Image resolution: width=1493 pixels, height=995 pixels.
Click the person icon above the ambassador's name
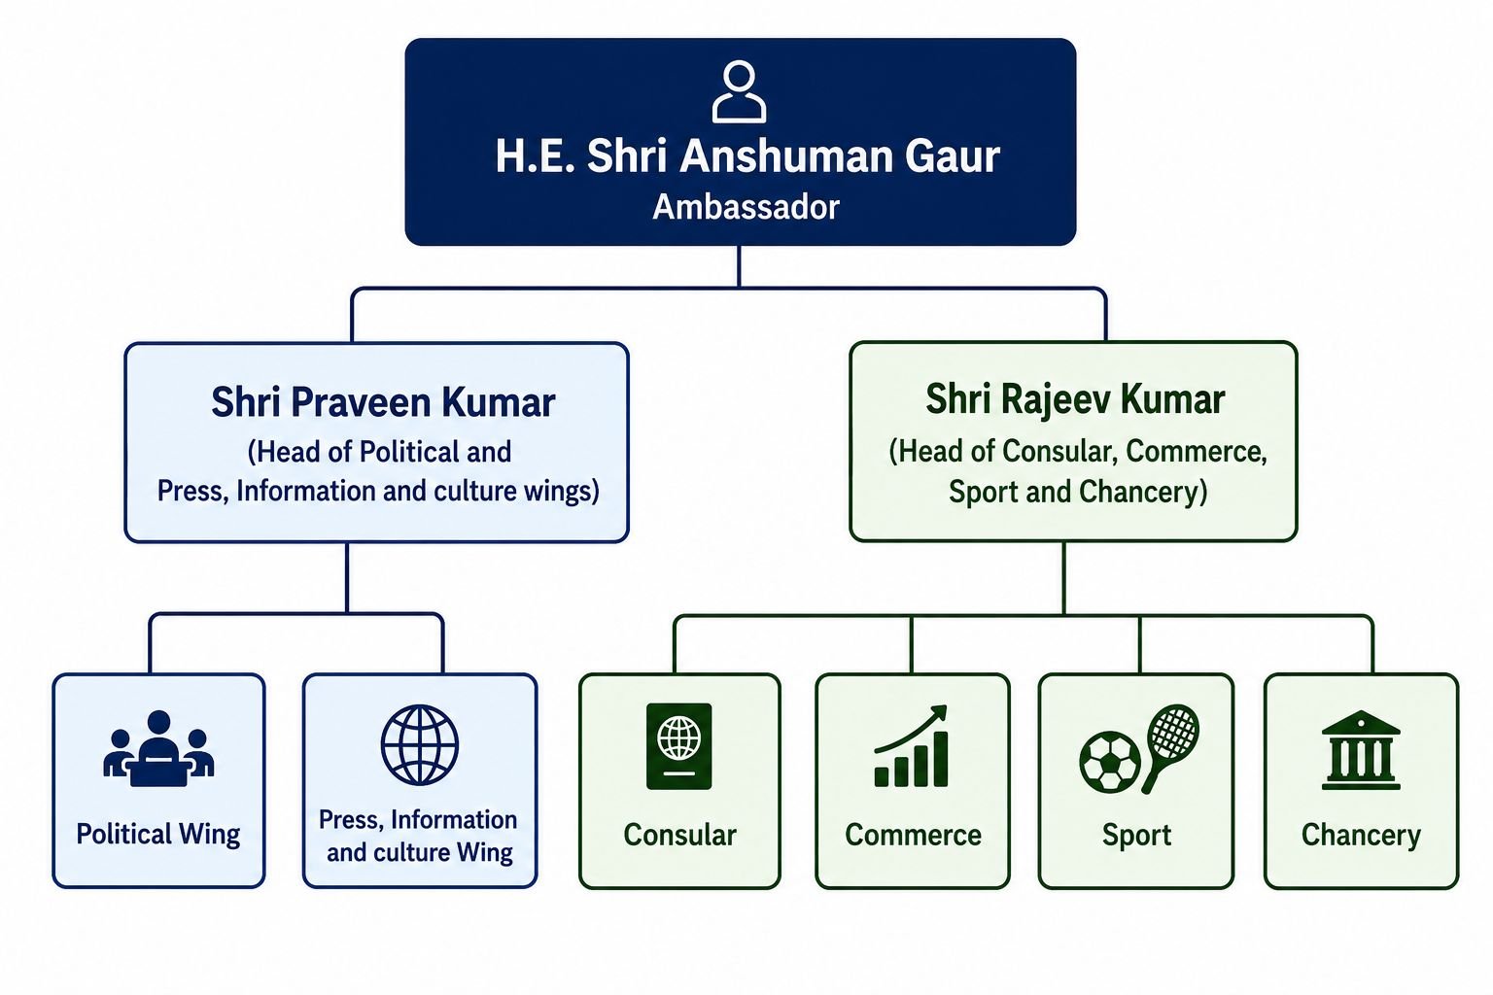point(739,92)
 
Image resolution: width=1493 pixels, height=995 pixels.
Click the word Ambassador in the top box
point(746,207)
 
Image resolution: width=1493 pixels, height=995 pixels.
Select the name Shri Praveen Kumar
point(383,402)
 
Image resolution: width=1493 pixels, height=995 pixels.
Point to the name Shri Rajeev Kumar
point(1075,399)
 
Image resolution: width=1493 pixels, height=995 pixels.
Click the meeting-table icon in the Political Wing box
point(158,748)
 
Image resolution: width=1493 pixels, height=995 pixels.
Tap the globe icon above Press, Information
point(420,744)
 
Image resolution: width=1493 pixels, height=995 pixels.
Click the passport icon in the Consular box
point(679,746)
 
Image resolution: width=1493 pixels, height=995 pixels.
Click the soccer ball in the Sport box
point(1110,763)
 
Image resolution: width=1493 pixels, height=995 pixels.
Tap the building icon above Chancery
point(1361,750)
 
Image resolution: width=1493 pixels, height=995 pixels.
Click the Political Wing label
point(158,835)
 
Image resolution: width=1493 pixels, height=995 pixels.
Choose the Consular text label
point(679,835)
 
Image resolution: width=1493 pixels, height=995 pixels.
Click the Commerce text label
point(913,835)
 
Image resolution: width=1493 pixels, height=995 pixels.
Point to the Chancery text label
point(1361,836)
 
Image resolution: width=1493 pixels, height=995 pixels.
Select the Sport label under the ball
point(1136,836)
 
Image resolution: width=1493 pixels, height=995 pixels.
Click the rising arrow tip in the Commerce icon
point(945,707)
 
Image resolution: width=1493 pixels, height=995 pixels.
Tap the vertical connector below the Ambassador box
point(739,266)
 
